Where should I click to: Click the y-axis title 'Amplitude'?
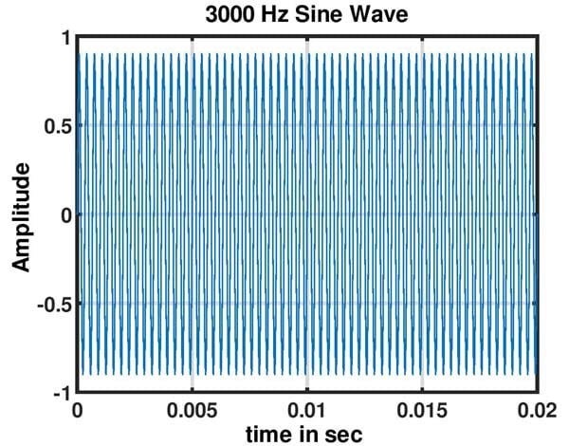click(22, 216)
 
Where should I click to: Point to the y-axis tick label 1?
click(64, 38)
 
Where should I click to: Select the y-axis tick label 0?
click(64, 215)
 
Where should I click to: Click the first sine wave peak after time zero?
click(87, 54)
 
